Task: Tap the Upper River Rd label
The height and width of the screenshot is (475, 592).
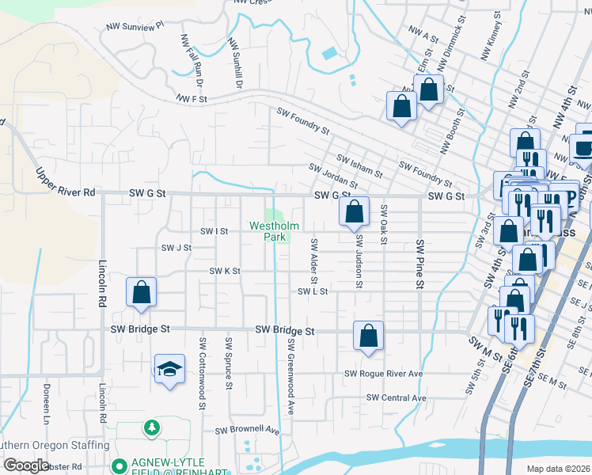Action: click(x=65, y=181)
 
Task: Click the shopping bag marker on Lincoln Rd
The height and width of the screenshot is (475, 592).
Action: click(x=141, y=292)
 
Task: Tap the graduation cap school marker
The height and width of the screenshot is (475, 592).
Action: click(x=168, y=370)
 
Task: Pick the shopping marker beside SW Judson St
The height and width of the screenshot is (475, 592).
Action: click(x=354, y=211)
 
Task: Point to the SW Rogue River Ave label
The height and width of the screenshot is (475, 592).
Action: click(x=384, y=374)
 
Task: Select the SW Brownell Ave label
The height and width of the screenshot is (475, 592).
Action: click(x=248, y=431)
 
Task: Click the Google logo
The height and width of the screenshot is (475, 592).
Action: click(x=25, y=465)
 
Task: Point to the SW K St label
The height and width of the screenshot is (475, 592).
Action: click(x=224, y=271)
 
